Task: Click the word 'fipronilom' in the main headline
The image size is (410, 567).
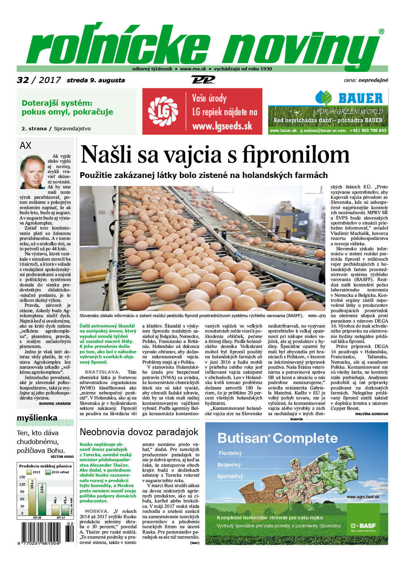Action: [296, 155]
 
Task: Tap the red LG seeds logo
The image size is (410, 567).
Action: [163, 111]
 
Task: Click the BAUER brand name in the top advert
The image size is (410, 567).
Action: [360, 98]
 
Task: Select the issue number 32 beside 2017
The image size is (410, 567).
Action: [23, 80]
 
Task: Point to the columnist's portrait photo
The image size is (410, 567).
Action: [32, 171]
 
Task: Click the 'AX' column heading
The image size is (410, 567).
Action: [25, 145]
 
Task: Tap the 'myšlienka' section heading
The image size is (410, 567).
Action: [37, 418]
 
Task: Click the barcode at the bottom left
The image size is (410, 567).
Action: [45, 532]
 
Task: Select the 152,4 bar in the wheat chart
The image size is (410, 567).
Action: [32, 496]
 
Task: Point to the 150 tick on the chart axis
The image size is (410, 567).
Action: [22, 477]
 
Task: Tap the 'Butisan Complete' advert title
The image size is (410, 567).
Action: [277, 438]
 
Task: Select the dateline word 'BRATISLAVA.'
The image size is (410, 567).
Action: [102, 372]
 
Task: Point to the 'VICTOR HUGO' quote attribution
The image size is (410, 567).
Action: [62, 457]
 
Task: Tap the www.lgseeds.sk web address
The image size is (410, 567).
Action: [222, 125]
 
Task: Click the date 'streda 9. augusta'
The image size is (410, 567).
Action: [96, 80]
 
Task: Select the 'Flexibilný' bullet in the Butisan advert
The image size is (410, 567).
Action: [230, 453]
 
